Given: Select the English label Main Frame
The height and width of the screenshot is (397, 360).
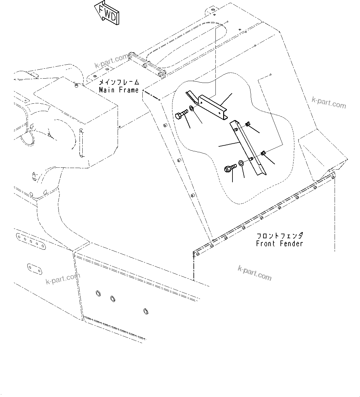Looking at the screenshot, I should [119, 90].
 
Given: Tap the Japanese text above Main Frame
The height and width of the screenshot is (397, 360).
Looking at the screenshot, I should [119, 83].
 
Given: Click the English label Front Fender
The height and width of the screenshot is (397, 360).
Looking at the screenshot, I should [279, 244].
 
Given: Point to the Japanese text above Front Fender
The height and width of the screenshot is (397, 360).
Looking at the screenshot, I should [280, 236].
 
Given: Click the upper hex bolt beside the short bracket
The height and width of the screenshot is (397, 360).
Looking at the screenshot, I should [181, 115].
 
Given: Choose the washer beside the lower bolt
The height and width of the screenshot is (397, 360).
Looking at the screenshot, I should [241, 163].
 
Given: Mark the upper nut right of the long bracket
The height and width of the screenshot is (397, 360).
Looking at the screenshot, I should [248, 124].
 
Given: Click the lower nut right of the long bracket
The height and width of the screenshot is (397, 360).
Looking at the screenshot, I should [263, 153].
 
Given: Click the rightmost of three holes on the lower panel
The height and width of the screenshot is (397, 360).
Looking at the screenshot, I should [145, 311].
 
